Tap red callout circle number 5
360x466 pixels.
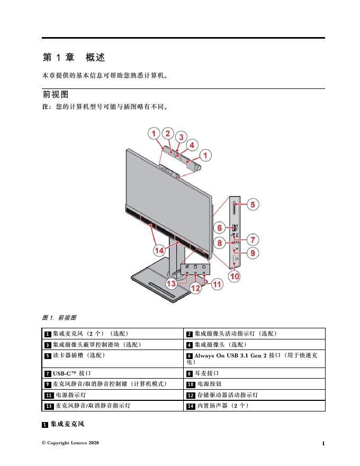[x=253, y=204]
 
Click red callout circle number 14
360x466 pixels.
[x=159, y=249]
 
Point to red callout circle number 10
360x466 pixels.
[x=234, y=276]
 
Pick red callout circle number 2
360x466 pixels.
[x=167, y=134]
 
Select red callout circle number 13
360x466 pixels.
[x=170, y=284]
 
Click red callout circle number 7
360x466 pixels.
[x=253, y=239]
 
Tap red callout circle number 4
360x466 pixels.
[x=192, y=144]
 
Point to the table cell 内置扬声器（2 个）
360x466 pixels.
[x=222, y=406]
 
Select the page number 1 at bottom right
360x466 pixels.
[x=322, y=443]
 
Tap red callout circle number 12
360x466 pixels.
[x=195, y=289]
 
